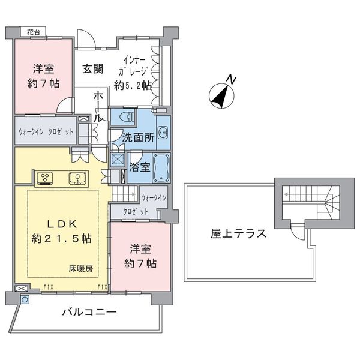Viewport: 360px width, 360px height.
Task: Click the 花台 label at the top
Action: click(34, 32)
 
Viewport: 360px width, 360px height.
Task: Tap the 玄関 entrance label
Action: click(93, 68)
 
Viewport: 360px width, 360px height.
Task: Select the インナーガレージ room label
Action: click(133, 73)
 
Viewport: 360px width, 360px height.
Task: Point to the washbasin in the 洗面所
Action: click(163, 133)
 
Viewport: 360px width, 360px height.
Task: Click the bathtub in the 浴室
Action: click(161, 167)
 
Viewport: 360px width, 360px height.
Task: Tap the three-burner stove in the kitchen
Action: click(45, 178)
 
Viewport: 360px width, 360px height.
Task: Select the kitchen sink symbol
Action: click(77, 179)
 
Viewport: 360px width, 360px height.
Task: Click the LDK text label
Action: click(62, 224)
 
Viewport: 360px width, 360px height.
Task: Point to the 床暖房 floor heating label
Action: click(81, 268)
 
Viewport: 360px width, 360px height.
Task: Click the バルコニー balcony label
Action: click(89, 312)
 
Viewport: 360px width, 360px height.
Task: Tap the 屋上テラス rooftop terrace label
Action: click(238, 234)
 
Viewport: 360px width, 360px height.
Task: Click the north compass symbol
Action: click(221, 96)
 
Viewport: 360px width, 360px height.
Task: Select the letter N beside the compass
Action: click(231, 79)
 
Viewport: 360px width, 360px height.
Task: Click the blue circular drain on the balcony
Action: click(25, 299)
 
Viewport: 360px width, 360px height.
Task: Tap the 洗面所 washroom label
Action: click(138, 137)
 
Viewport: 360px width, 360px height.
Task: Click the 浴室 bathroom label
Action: click(140, 167)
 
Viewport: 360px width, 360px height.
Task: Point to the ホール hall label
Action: click(98, 107)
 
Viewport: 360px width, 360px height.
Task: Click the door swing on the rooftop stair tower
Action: click(298, 232)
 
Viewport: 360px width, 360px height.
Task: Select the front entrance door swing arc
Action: click(86, 38)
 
